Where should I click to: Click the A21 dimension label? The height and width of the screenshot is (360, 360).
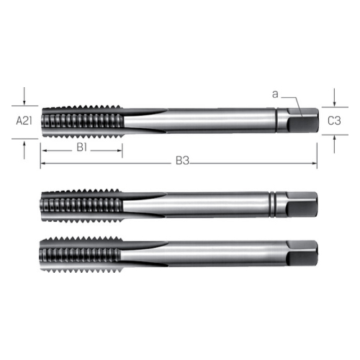click(x=24, y=121)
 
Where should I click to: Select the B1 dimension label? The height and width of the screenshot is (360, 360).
click(x=81, y=148)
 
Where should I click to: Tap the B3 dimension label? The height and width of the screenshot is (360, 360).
click(x=182, y=161)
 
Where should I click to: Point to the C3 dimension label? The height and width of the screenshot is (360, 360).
click(x=334, y=121)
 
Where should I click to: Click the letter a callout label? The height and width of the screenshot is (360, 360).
click(x=275, y=94)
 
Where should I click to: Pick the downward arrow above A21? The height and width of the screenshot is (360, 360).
click(x=24, y=96)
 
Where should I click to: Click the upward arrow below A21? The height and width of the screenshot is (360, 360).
click(x=24, y=150)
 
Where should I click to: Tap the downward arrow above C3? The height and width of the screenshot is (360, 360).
click(x=335, y=98)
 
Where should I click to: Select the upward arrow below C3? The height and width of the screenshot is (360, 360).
click(x=335, y=144)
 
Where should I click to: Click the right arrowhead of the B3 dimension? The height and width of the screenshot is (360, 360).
click(x=315, y=163)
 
